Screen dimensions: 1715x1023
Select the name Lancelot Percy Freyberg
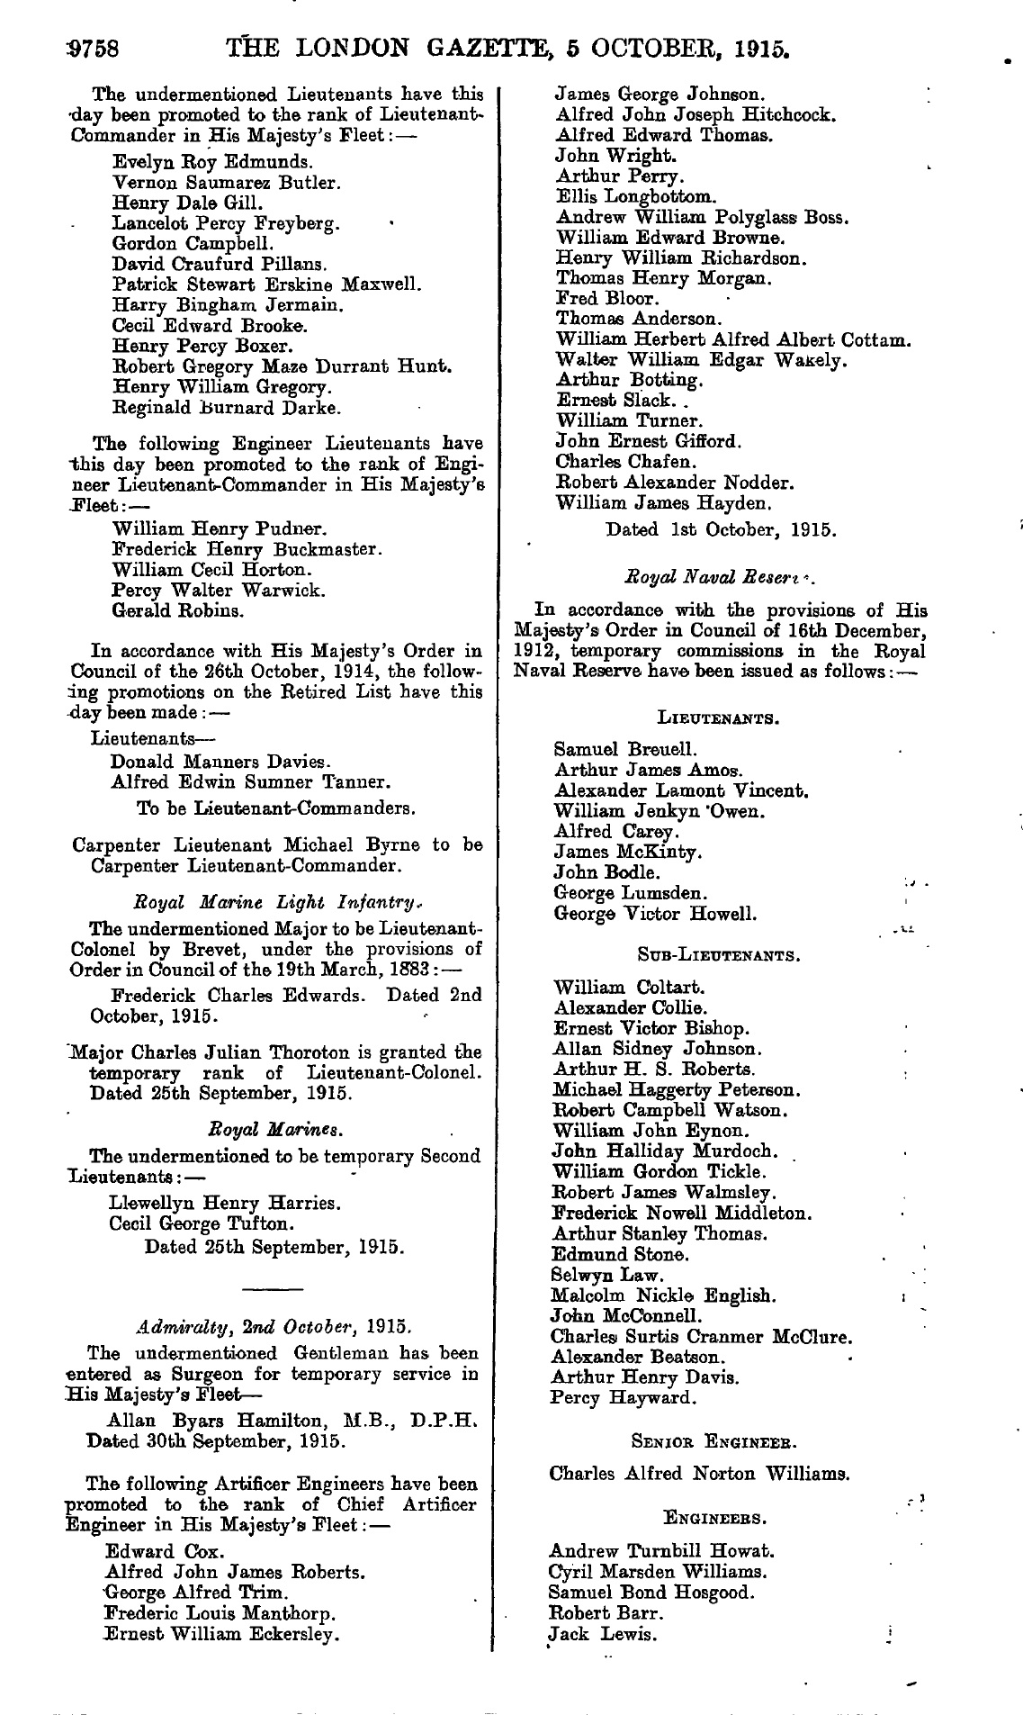click(225, 223)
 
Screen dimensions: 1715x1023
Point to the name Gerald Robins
click(177, 610)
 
